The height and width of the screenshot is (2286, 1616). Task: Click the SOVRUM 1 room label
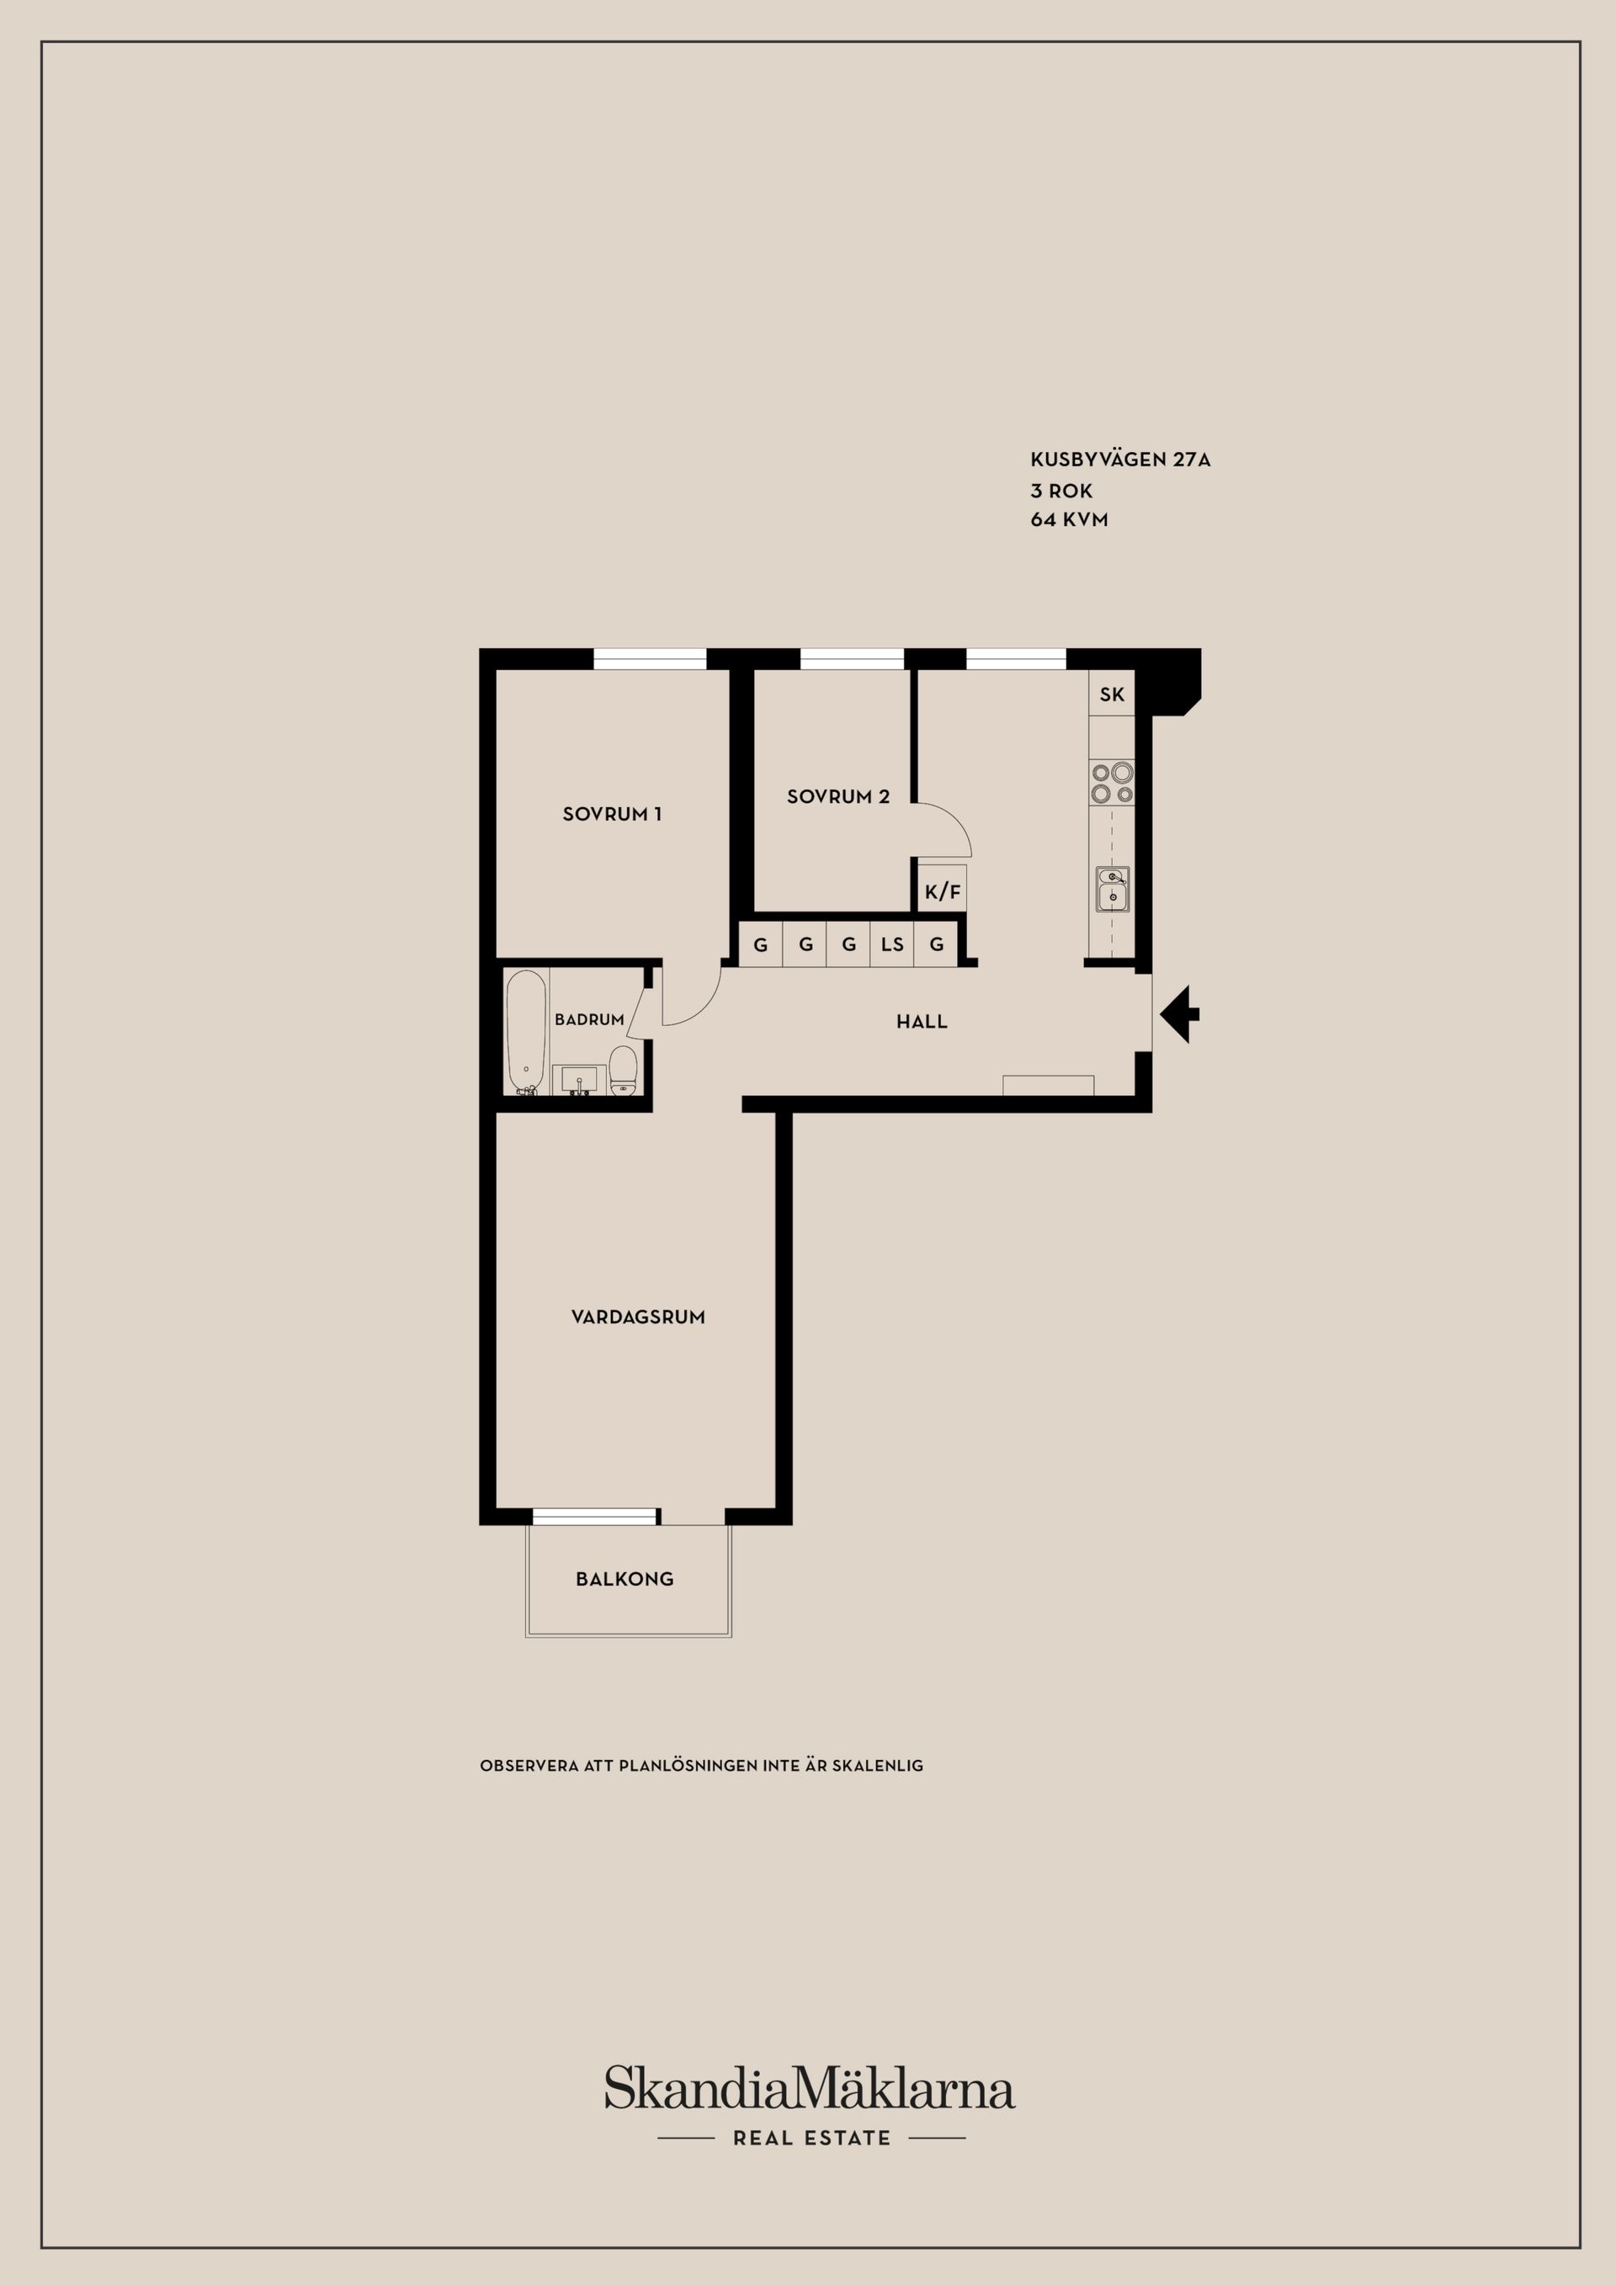click(611, 813)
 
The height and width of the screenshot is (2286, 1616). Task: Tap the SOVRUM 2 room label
click(838, 796)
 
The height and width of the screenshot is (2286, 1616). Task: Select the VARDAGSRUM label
click(638, 1316)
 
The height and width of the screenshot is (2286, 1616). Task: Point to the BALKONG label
click(625, 1578)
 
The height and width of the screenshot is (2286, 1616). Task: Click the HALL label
click(922, 1022)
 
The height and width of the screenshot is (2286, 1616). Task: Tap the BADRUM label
click(589, 1019)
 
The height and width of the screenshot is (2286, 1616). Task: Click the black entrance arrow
click(1180, 1014)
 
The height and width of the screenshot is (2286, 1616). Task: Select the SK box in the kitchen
click(1112, 694)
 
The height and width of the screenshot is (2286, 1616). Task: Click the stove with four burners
click(1112, 782)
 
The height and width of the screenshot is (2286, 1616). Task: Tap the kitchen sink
click(1112, 888)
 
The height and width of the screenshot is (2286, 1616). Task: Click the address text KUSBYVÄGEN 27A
click(1120, 460)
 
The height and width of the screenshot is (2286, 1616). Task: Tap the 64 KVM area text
click(1070, 519)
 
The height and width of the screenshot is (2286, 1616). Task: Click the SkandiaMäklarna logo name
click(810, 2088)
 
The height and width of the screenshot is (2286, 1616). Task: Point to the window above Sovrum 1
click(650, 659)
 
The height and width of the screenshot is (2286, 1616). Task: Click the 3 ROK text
click(1061, 491)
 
